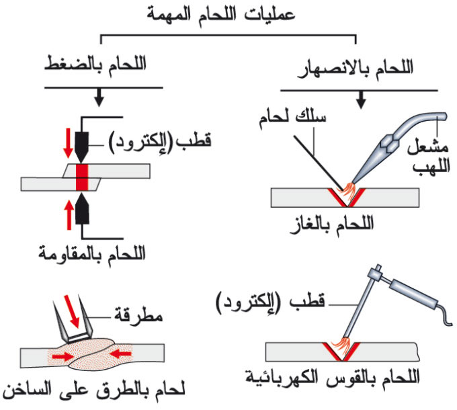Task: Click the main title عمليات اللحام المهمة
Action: (220, 15)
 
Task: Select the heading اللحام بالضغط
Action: (95, 67)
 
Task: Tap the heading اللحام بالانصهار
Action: (356, 69)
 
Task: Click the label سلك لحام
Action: (292, 118)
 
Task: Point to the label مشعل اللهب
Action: (428, 157)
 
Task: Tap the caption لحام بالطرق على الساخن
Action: (94, 392)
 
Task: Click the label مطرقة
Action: (138, 316)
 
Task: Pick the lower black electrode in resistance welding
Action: (82, 208)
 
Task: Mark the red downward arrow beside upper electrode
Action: (68, 142)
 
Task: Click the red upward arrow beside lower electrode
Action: (69, 215)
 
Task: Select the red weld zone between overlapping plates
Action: (82, 177)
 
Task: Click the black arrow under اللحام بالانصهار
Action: (361, 100)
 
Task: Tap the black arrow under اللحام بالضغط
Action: (99, 97)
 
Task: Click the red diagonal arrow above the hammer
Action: (72, 311)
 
